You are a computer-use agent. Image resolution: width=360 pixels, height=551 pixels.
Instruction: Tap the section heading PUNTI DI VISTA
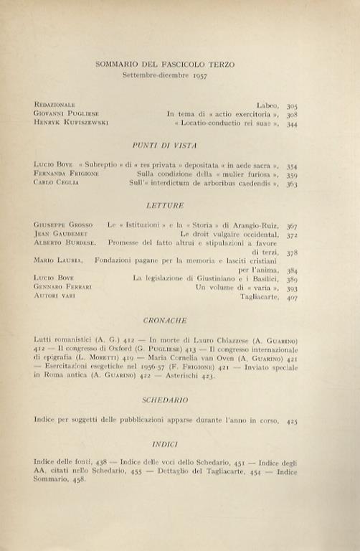pos(170,145)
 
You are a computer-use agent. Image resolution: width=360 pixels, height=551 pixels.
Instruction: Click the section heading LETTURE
pos(169,204)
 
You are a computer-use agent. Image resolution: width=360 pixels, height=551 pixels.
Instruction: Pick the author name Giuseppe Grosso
pos(59,225)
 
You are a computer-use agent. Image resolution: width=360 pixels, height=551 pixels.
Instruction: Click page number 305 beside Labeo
pos(291,105)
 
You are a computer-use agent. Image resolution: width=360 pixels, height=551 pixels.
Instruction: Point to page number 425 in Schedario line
pos(291,422)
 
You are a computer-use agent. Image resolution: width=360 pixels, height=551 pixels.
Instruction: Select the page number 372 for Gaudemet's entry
pos(291,235)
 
